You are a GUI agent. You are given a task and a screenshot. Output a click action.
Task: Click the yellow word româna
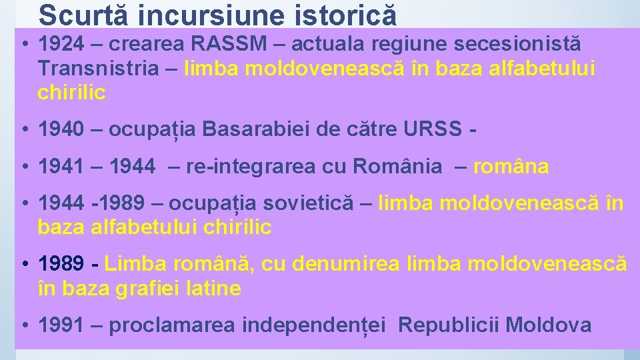tap(511, 167)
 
